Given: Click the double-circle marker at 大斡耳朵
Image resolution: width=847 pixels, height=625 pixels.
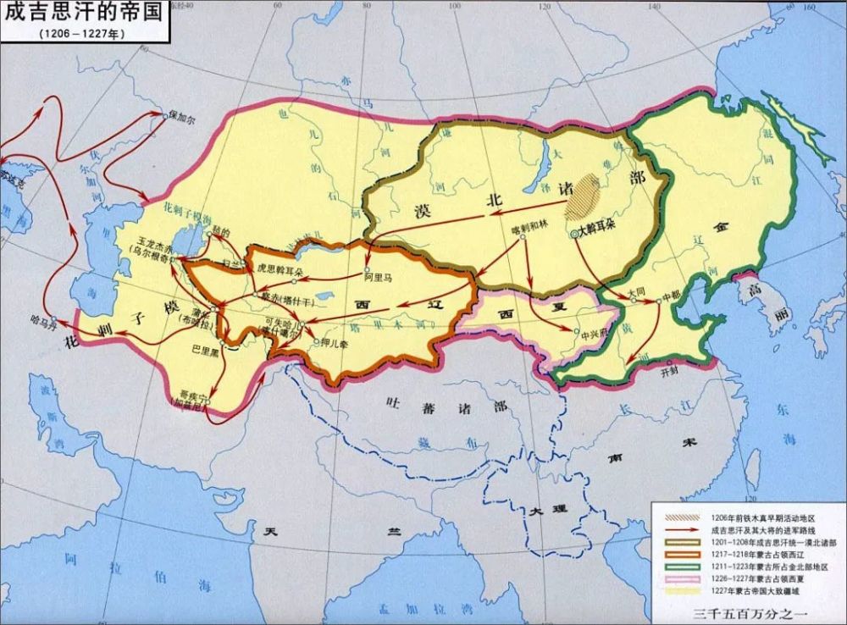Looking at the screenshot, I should tap(575, 233).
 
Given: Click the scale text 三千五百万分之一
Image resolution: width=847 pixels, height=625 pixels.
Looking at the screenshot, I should tap(746, 611).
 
